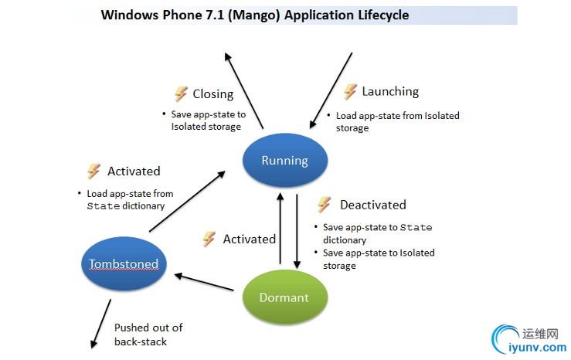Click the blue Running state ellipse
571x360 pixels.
(285, 161)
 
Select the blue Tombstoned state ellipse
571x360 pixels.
(124, 264)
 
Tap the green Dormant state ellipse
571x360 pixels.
(285, 297)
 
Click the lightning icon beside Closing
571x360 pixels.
(181, 94)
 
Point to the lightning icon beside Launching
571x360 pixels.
(350, 91)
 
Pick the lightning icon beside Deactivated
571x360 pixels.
(325, 205)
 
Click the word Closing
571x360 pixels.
(212, 94)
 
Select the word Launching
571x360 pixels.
(390, 91)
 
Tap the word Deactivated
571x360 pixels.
(372, 205)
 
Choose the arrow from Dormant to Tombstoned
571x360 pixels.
(204, 281)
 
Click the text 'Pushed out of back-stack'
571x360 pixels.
(148, 335)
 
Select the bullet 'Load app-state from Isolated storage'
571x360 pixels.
(397, 121)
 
